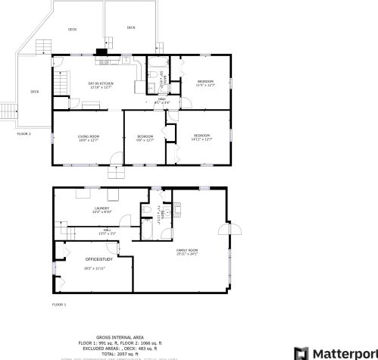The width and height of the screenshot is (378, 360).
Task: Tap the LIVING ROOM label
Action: point(89,137)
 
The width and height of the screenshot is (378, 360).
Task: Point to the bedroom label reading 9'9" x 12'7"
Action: point(145,137)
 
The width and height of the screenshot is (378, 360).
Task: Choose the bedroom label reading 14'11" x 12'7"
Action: point(201,137)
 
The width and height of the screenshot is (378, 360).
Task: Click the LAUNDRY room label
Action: point(102,208)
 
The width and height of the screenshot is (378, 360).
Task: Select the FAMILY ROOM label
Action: point(187,251)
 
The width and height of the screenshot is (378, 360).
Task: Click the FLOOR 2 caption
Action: point(24,133)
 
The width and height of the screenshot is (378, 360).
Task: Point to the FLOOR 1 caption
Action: point(59,305)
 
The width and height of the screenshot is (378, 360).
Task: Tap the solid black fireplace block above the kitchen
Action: point(101,52)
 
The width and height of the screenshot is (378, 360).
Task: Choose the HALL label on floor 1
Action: point(108,232)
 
